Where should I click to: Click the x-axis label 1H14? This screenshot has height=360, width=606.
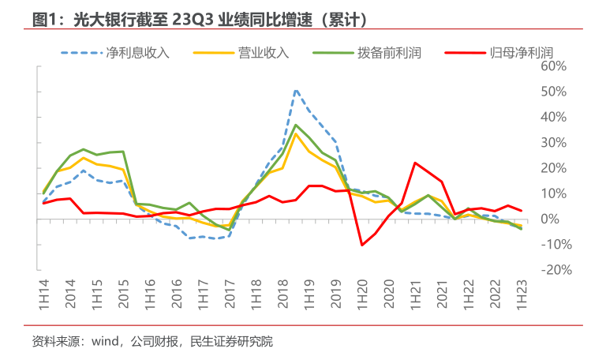[x=44, y=293]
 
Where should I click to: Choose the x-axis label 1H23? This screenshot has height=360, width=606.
[x=522, y=293]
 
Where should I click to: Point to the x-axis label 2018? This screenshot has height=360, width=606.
[x=282, y=293]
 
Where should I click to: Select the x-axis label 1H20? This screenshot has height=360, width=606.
[x=362, y=293]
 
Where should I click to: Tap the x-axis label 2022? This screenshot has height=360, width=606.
[x=496, y=293]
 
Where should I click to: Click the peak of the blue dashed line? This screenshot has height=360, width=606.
[x=296, y=91]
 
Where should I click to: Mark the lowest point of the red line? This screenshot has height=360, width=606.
[x=362, y=245]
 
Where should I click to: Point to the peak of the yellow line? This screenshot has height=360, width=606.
[x=296, y=133]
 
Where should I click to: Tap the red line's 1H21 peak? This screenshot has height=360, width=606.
[x=415, y=163]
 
